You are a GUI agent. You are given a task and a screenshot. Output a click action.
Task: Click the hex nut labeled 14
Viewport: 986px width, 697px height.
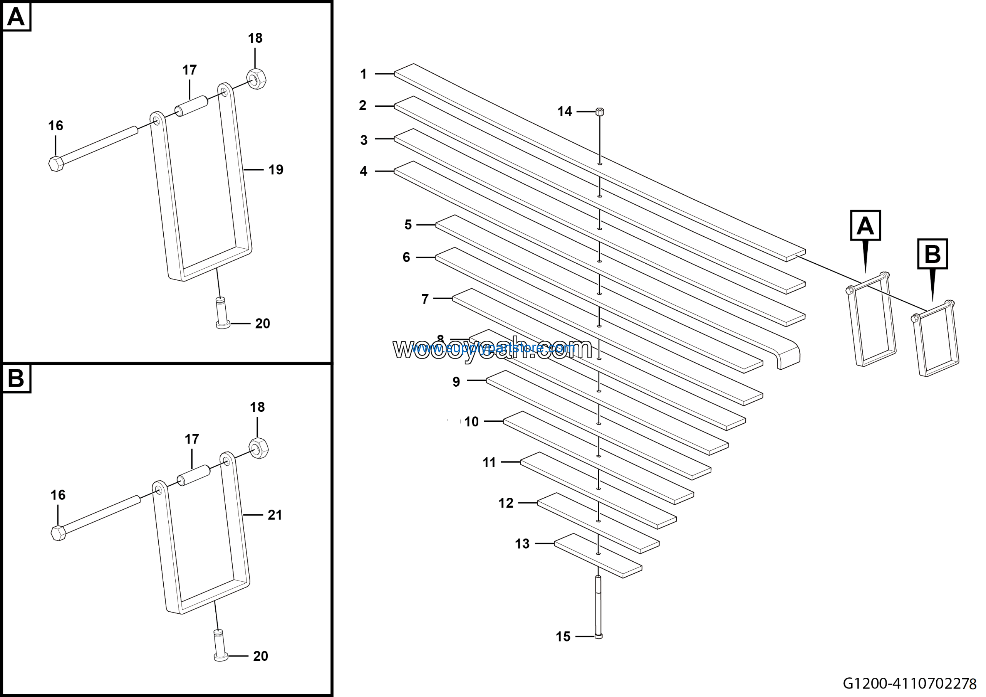pyautogui.click(x=600, y=112)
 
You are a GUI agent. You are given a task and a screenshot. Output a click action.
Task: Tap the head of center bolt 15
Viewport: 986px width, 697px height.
pyautogui.click(x=599, y=636)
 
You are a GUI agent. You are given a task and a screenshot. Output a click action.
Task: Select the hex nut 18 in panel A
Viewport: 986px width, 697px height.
pyautogui.click(x=257, y=79)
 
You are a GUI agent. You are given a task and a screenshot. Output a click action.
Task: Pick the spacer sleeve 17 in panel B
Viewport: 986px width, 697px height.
pyautogui.click(x=194, y=476)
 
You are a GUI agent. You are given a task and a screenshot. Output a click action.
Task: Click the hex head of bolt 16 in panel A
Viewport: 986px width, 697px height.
pyautogui.click(x=56, y=164)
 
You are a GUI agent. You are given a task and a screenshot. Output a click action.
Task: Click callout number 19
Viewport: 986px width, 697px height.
pyautogui.click(x=276, y=170)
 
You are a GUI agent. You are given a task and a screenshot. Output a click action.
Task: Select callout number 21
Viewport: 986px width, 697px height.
pyautogui.click(x=275, y=515)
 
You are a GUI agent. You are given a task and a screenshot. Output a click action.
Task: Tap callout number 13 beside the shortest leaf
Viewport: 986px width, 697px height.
pyautogui.click(x=522, y=544)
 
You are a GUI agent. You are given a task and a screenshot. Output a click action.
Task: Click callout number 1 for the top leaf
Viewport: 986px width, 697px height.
pyautogui.click(x=363, y=74)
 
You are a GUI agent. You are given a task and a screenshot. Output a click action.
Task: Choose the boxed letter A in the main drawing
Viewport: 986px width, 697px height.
pyautogui.click(x=865, y=226)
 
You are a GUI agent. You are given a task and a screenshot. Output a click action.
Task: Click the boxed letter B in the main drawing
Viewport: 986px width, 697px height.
pyautogui.click(x=932, y=254)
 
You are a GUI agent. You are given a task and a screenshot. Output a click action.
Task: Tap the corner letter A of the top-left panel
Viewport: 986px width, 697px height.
pyautogui.click(x=16, y=17)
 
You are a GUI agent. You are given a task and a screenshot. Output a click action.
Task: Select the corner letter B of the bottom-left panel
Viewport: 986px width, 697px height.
pyautogui.click(x=16, y=379)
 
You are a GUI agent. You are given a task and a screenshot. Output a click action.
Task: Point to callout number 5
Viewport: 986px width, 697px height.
pyautogui.click(x=408, y=225)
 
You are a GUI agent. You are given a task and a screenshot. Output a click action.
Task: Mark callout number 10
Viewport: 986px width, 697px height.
pyautogui.click(x=471, y=421)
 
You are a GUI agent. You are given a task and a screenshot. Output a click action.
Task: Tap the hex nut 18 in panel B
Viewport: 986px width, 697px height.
pyautogui.click(x=258, y=448)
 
